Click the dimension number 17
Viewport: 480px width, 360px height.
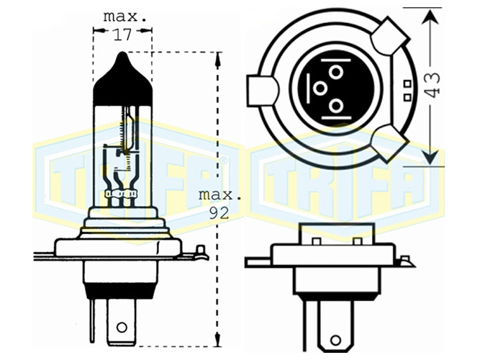[x=122, y=35]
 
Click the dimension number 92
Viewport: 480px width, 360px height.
[x=219, y=213]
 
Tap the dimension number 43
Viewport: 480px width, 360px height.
[x=433, y=85]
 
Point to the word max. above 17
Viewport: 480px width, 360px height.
[x=125, y=17]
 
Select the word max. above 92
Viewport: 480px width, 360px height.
[x=219, y=195]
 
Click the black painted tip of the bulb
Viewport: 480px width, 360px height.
[x=122, y=79]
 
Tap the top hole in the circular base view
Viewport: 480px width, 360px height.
[x=336, y=73]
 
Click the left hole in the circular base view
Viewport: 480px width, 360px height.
[x=320, y=89]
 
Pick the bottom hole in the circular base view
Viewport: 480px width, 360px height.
[x=336, y=106]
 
